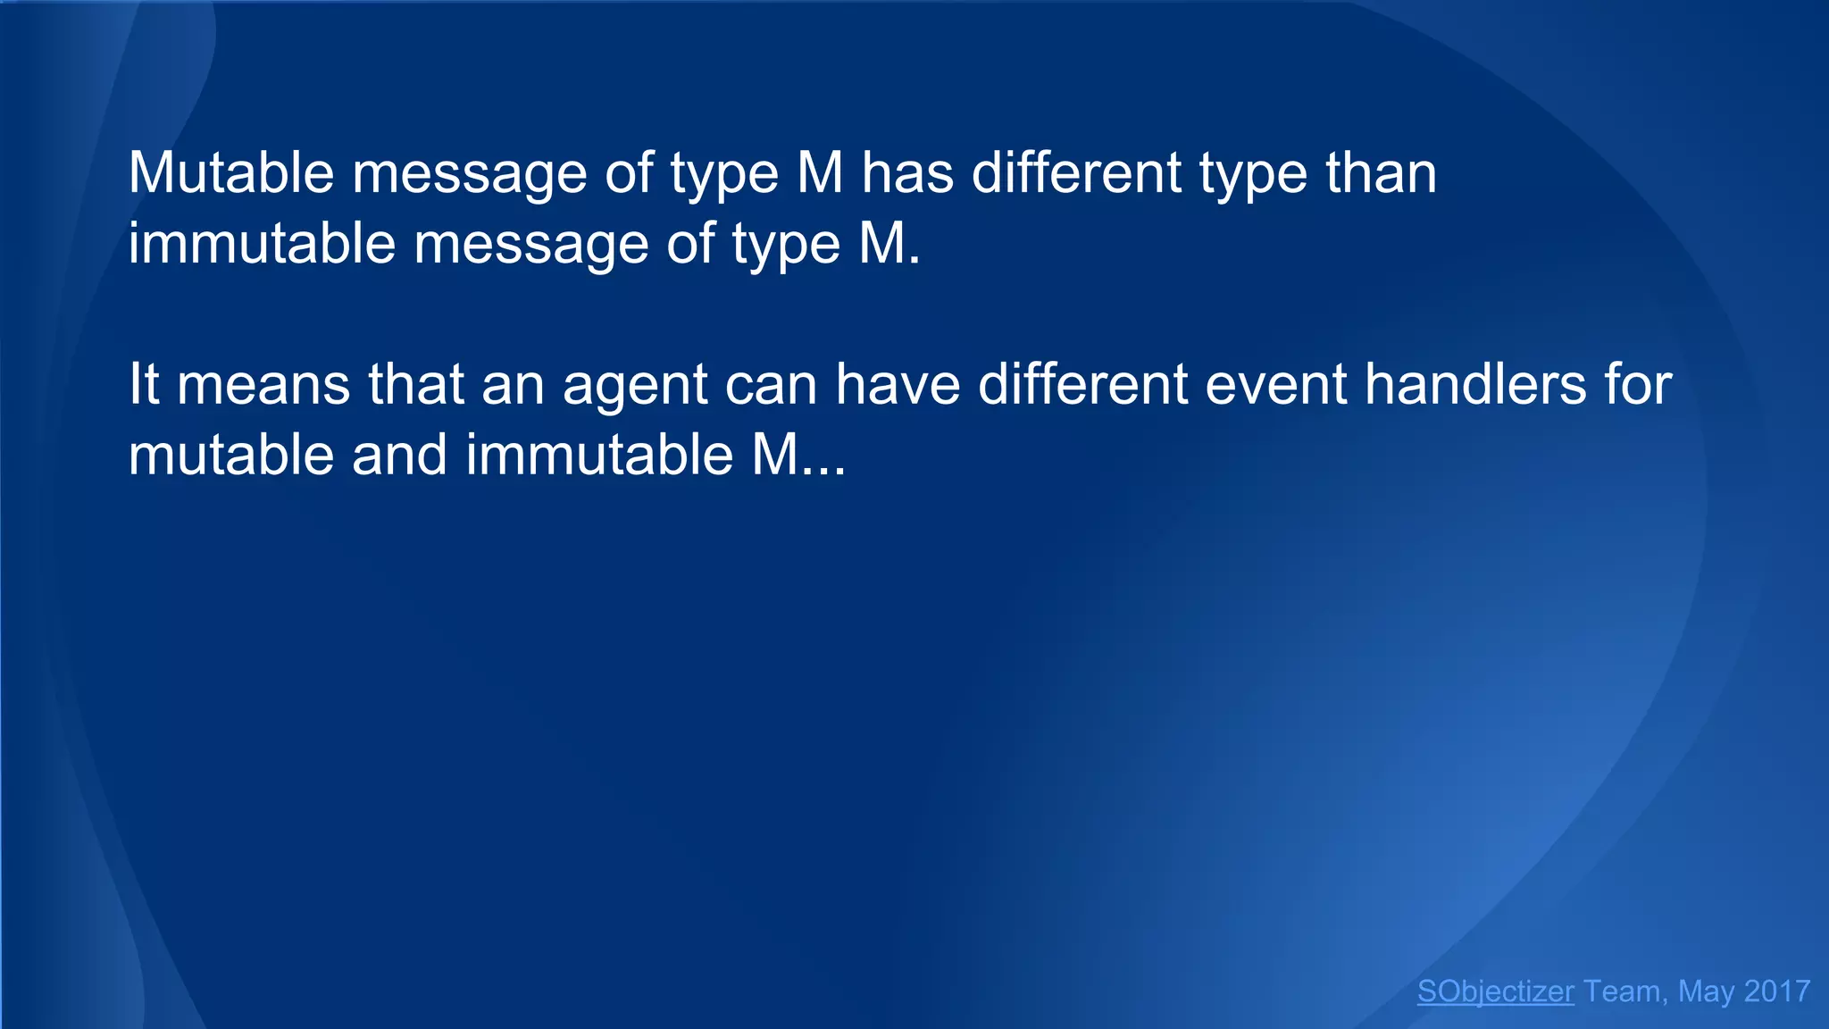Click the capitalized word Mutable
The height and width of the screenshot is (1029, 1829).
(230, 172)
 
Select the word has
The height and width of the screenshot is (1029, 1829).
(907, 172)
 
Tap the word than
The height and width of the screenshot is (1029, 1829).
(1381, 172)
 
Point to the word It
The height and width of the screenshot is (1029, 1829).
(143, 385)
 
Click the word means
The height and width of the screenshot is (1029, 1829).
(263, 385)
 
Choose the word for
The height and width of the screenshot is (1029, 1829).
(1638, 385)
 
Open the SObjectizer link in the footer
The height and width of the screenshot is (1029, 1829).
(1495, 991)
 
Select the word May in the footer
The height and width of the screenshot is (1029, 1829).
(1707, 991)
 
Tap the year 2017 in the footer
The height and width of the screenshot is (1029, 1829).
(1776, 991)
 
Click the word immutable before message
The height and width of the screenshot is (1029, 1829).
(262, 243)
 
